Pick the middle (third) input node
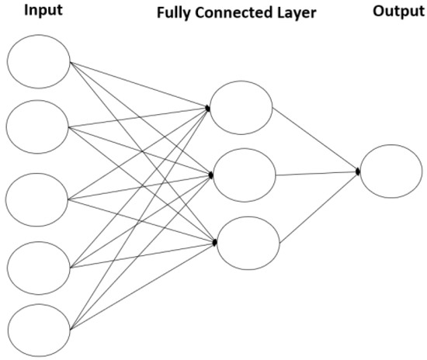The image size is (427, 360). tap(37, 197)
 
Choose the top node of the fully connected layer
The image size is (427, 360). tap(241, 106)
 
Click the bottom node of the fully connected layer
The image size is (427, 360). tap(244, 243)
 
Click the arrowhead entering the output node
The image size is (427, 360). tap(359, 171)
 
